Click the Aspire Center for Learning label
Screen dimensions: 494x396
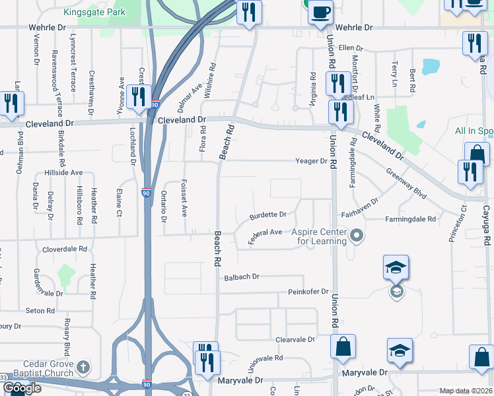pos(322,237)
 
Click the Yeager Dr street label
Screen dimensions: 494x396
pos(311,161)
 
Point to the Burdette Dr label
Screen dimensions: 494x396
pos(267,214)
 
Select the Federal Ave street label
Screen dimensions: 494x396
pos(265,236)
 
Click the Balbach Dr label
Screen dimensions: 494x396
pos(242,277)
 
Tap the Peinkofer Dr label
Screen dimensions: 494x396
pos(308,292)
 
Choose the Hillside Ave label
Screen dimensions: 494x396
pos(63,172)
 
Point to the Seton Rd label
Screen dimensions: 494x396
pos(40,310)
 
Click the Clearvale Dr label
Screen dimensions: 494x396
pos(295,339)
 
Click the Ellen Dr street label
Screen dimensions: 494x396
pos(351,48)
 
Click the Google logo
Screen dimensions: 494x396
pos(22,388)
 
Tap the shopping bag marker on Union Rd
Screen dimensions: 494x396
pos(343,347)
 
